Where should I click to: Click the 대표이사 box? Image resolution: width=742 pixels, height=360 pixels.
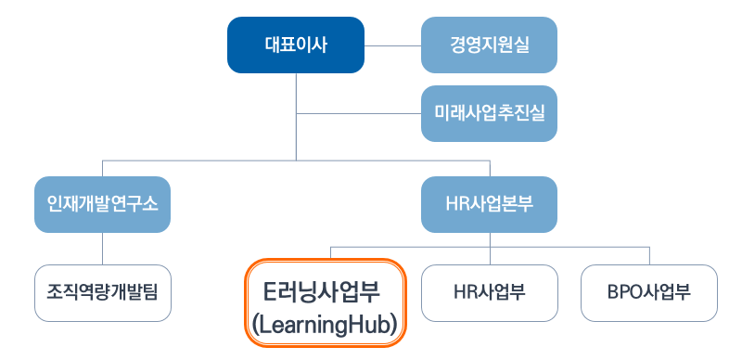click(296, 45)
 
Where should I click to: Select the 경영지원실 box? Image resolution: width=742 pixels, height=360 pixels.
click(489, 45)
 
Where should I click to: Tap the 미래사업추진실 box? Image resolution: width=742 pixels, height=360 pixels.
click(489, 113)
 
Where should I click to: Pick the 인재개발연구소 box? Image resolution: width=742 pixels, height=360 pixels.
click(102, 204)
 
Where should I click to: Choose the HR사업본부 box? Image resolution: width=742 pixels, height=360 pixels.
click(489, 204)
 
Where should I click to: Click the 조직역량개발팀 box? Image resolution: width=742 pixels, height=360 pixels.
click(102, 293)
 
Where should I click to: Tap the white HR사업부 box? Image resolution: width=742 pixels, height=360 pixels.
click(489, 293)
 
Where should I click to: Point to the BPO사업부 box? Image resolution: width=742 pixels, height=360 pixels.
click(648, 293)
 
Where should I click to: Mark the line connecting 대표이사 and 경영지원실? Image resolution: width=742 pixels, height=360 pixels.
click(392, 45)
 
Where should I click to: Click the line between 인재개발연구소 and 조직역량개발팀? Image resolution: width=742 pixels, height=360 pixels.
click(102, 249)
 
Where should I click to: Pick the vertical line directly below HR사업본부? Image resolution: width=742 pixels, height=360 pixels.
click(490, 239)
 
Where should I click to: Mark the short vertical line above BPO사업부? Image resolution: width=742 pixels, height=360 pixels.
click(648, 256)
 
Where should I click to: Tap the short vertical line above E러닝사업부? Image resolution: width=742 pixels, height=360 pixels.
click(330, 252)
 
